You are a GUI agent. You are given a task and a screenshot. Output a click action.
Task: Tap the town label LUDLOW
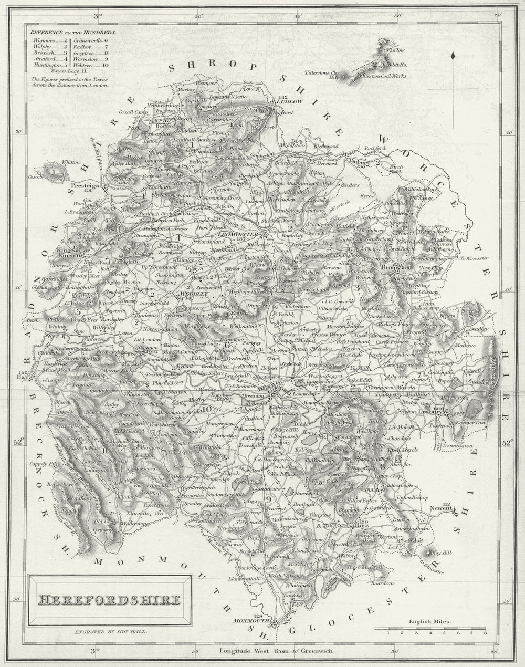[x=288, y=102]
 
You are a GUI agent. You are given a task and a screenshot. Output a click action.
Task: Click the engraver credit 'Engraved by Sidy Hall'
[x=110, y=632]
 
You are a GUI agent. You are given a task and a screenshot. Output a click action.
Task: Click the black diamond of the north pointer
[x=452, y=55]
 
